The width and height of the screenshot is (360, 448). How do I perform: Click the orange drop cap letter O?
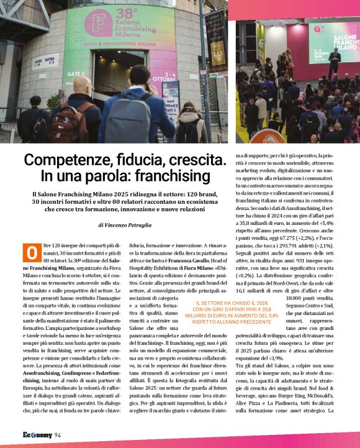click(x=32, y=254)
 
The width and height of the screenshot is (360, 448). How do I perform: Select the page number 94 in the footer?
click(x=58, y=434)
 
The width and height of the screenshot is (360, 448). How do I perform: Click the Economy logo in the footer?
click(x=37, y=434)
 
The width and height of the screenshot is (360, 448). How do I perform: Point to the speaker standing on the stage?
click(x=334, y=61)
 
